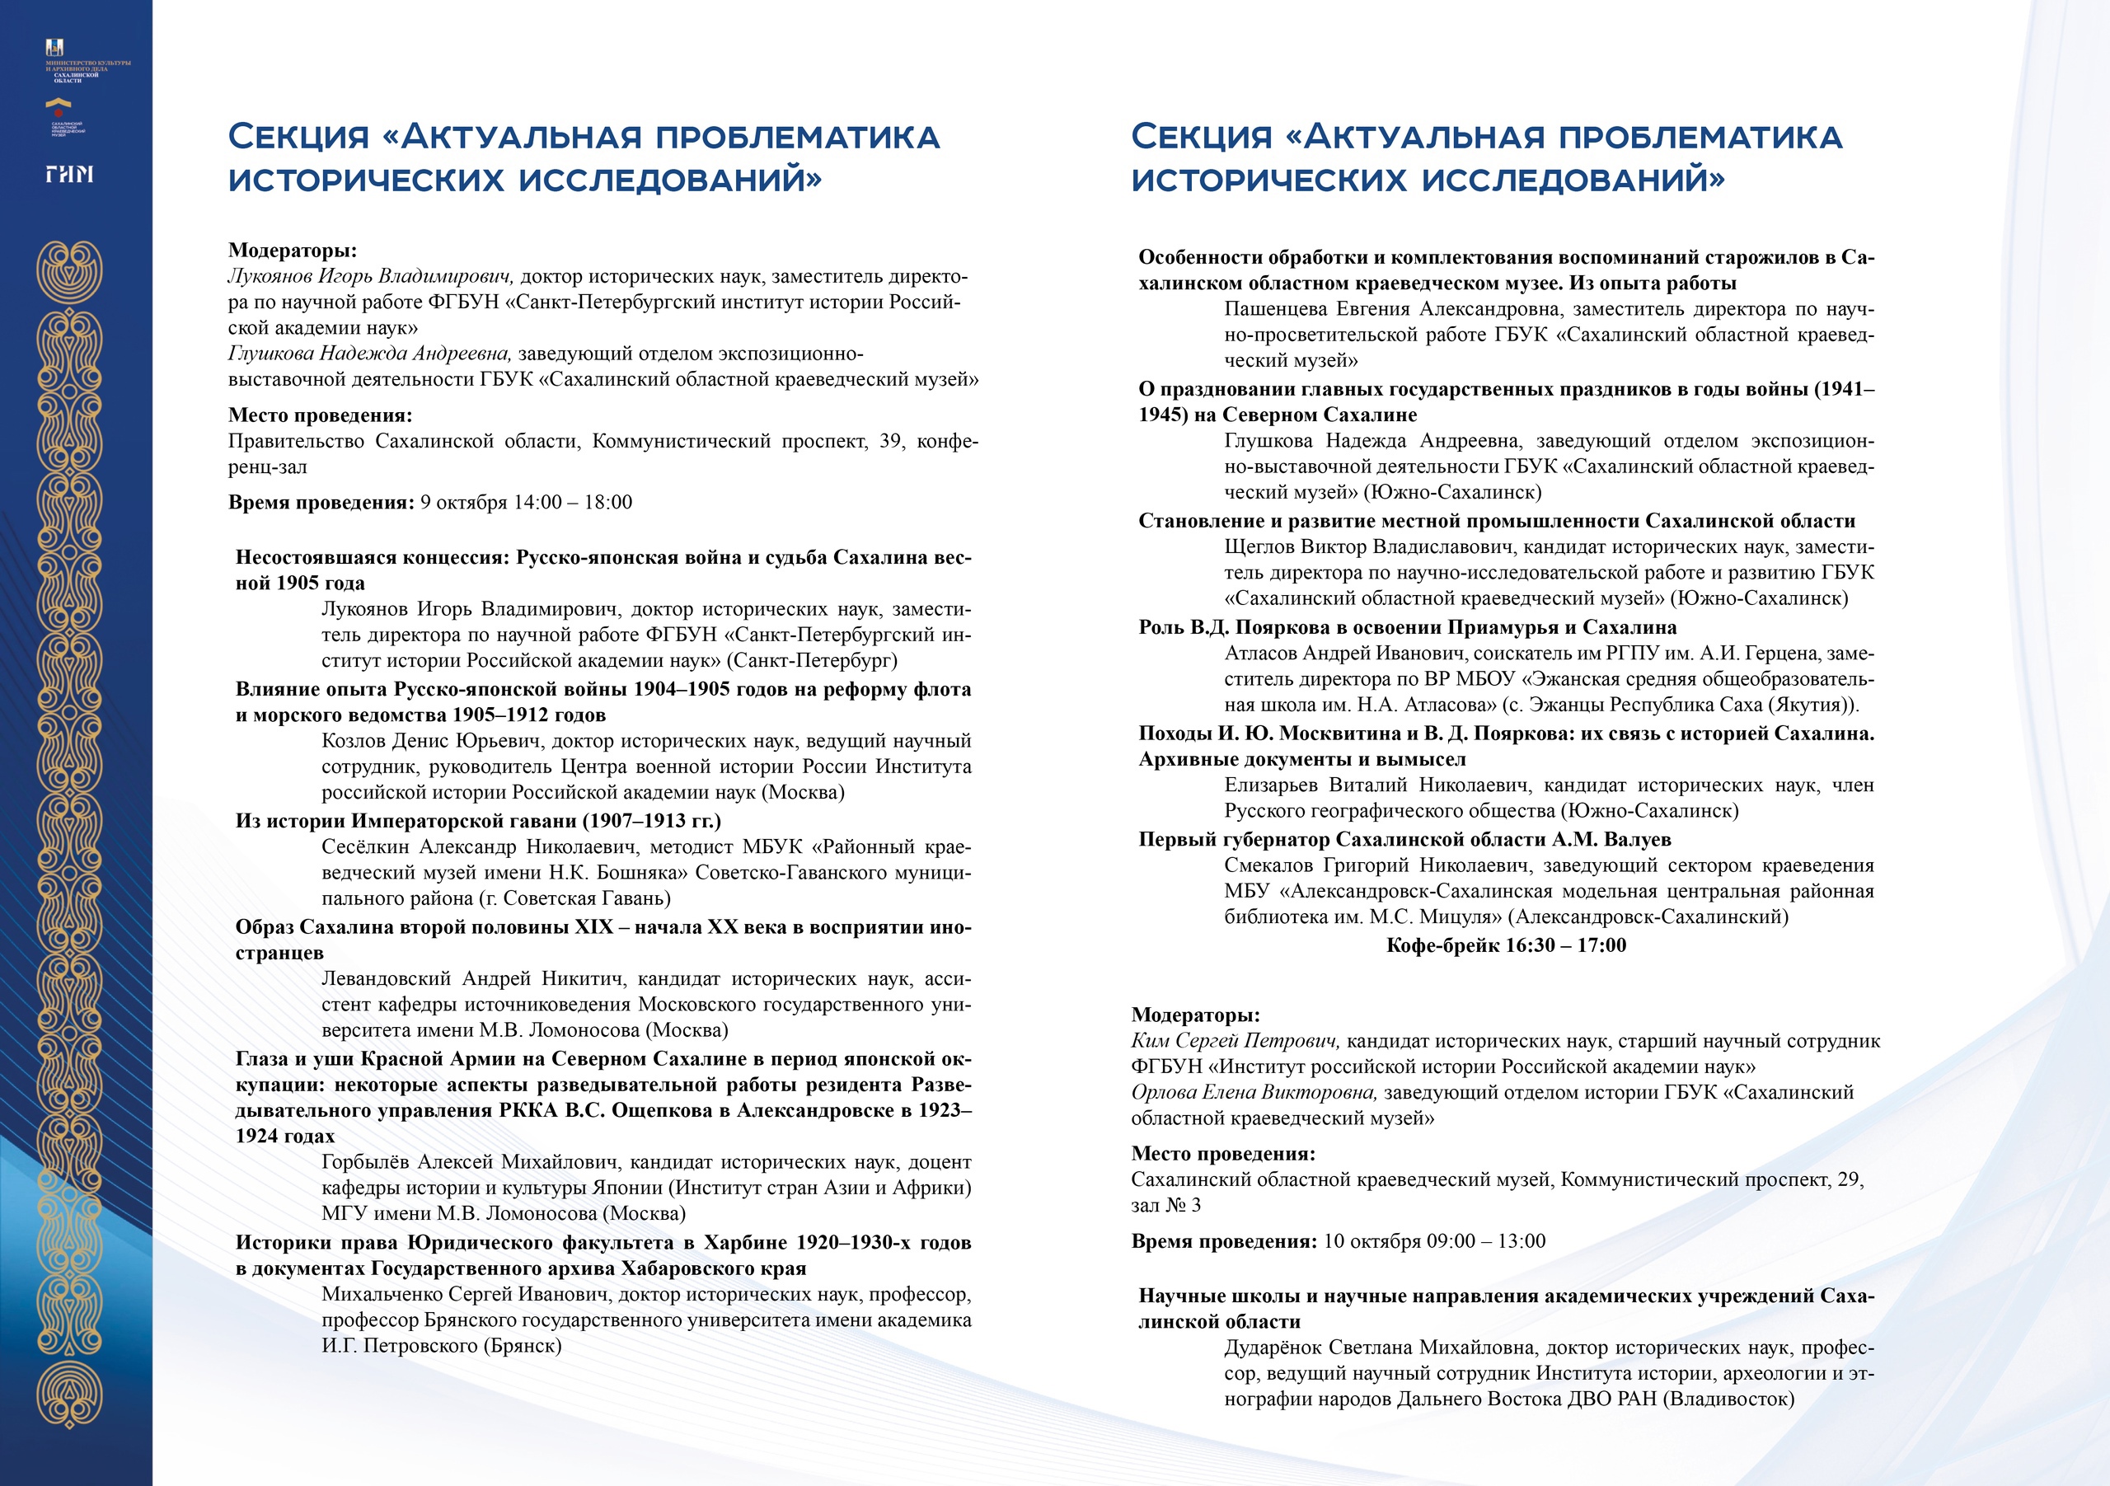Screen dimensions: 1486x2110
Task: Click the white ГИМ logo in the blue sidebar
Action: (x=70, y=174)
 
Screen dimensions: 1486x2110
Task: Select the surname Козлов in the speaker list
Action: (x=354, y=741)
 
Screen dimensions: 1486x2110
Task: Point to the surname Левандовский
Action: (x=386, y=979)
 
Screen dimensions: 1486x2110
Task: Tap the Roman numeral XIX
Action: (x=593, y=926)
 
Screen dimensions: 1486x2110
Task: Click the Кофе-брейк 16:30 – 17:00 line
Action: (x=1505, y=945)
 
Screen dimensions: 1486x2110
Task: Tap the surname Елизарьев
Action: (x=1271, y=785)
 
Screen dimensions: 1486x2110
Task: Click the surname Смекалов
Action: (x=1268, y=865)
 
